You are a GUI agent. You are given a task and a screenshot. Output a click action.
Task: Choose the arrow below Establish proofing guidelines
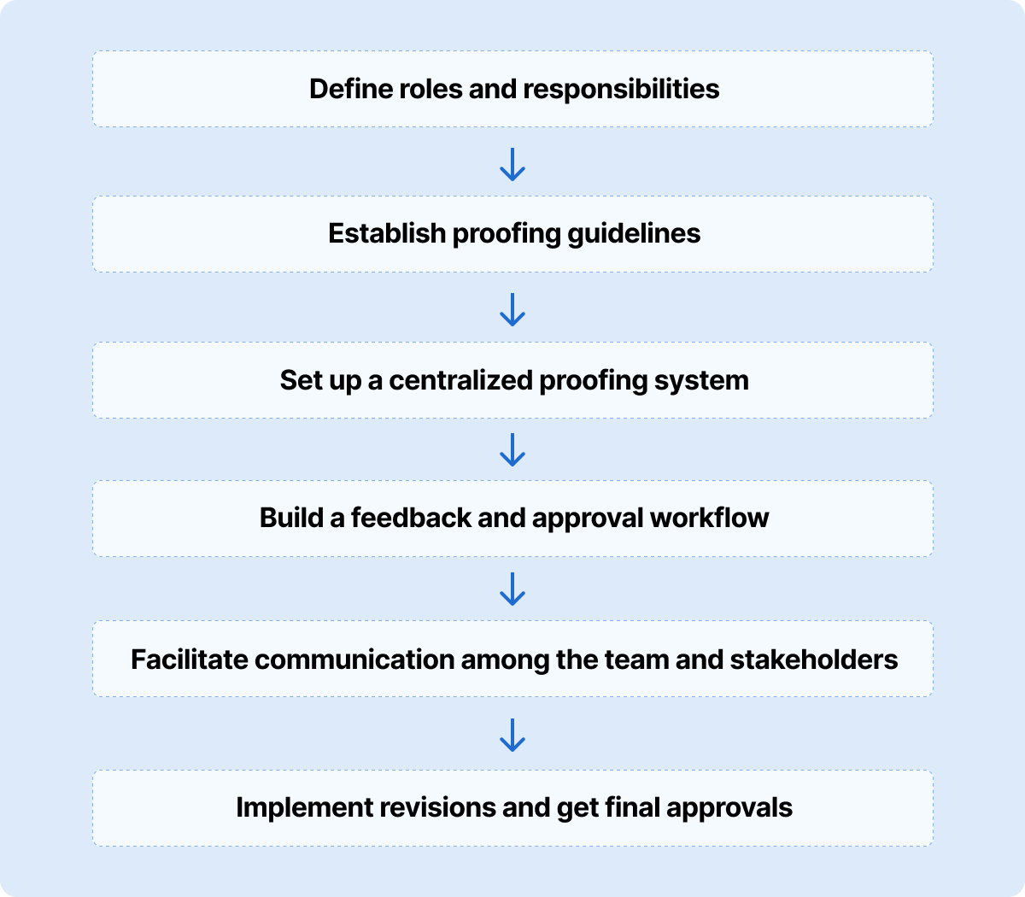pyautogui.click(x=512, y=310)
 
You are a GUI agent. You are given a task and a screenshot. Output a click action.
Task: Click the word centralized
pyautogui.click(x=461, y=380)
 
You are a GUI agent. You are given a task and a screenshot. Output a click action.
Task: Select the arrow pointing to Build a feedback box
pyautogui.click(x=512, y=449)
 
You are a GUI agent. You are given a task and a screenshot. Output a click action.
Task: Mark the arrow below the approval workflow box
pyautogui.click(x=512, y=589)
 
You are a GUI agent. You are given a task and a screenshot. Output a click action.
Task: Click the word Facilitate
pyautogui.click(x=190, y=660)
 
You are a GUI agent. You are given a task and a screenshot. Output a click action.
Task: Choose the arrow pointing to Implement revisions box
pyautogui.click(x=512, y=735)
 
